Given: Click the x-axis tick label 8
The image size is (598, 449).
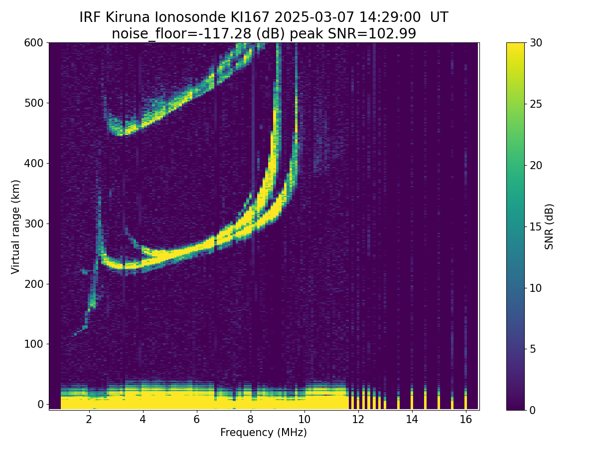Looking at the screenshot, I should pyautogui.click(x=250, y=420).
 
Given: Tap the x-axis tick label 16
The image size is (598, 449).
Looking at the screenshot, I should pyautogui.click(x=465, y=420).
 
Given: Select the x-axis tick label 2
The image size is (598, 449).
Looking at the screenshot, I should pyautogui.click(x=89, y=420).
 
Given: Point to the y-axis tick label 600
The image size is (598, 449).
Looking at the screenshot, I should pyautogui.click(x=34, y=43).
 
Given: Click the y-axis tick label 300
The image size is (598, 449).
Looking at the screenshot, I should pyautogui.click(x=34, y=224).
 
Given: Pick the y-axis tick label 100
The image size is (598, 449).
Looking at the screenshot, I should pyautogui.click(x=34, y=344).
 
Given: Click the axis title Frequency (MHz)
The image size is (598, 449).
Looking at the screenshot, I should pyautogui.click(x=264, y=433).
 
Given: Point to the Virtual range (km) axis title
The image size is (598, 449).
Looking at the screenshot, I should pyautogui.click(x=16, y=226).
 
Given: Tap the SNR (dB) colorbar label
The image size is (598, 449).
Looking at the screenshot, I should pyautogui.click(x=549, y=226).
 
